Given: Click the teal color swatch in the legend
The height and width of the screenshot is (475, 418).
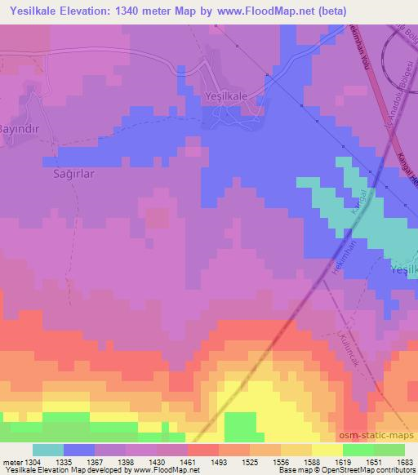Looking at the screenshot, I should click(48, 450).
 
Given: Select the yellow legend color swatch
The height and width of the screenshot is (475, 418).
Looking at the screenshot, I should click(327, 450).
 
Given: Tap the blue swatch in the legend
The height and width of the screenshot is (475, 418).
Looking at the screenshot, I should click(79, 450).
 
